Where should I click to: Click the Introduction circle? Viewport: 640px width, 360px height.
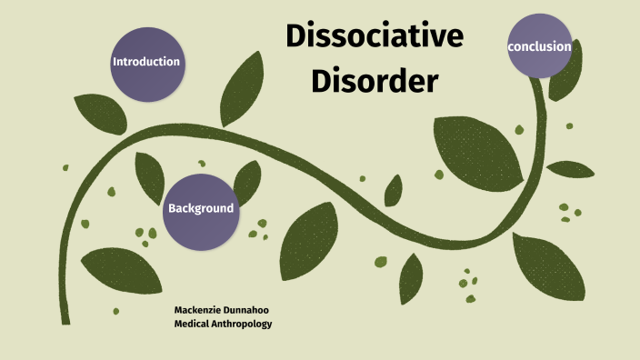tap(145, 63)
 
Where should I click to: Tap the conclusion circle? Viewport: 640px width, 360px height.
tap(540, 46)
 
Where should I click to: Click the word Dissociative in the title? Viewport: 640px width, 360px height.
tap(375, 36)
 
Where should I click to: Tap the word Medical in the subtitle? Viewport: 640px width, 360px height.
tap(192, 324)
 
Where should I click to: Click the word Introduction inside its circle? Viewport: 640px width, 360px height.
tap(145, 63)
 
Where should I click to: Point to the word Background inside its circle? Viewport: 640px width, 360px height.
tap(200, 208)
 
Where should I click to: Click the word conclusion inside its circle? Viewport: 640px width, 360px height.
tap(540, 46)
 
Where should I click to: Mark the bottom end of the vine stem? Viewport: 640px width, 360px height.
tap(65, 319)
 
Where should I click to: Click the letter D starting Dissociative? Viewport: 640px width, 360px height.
tap(296, 36)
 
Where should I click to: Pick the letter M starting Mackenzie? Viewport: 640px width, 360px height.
tap(178, 310)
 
